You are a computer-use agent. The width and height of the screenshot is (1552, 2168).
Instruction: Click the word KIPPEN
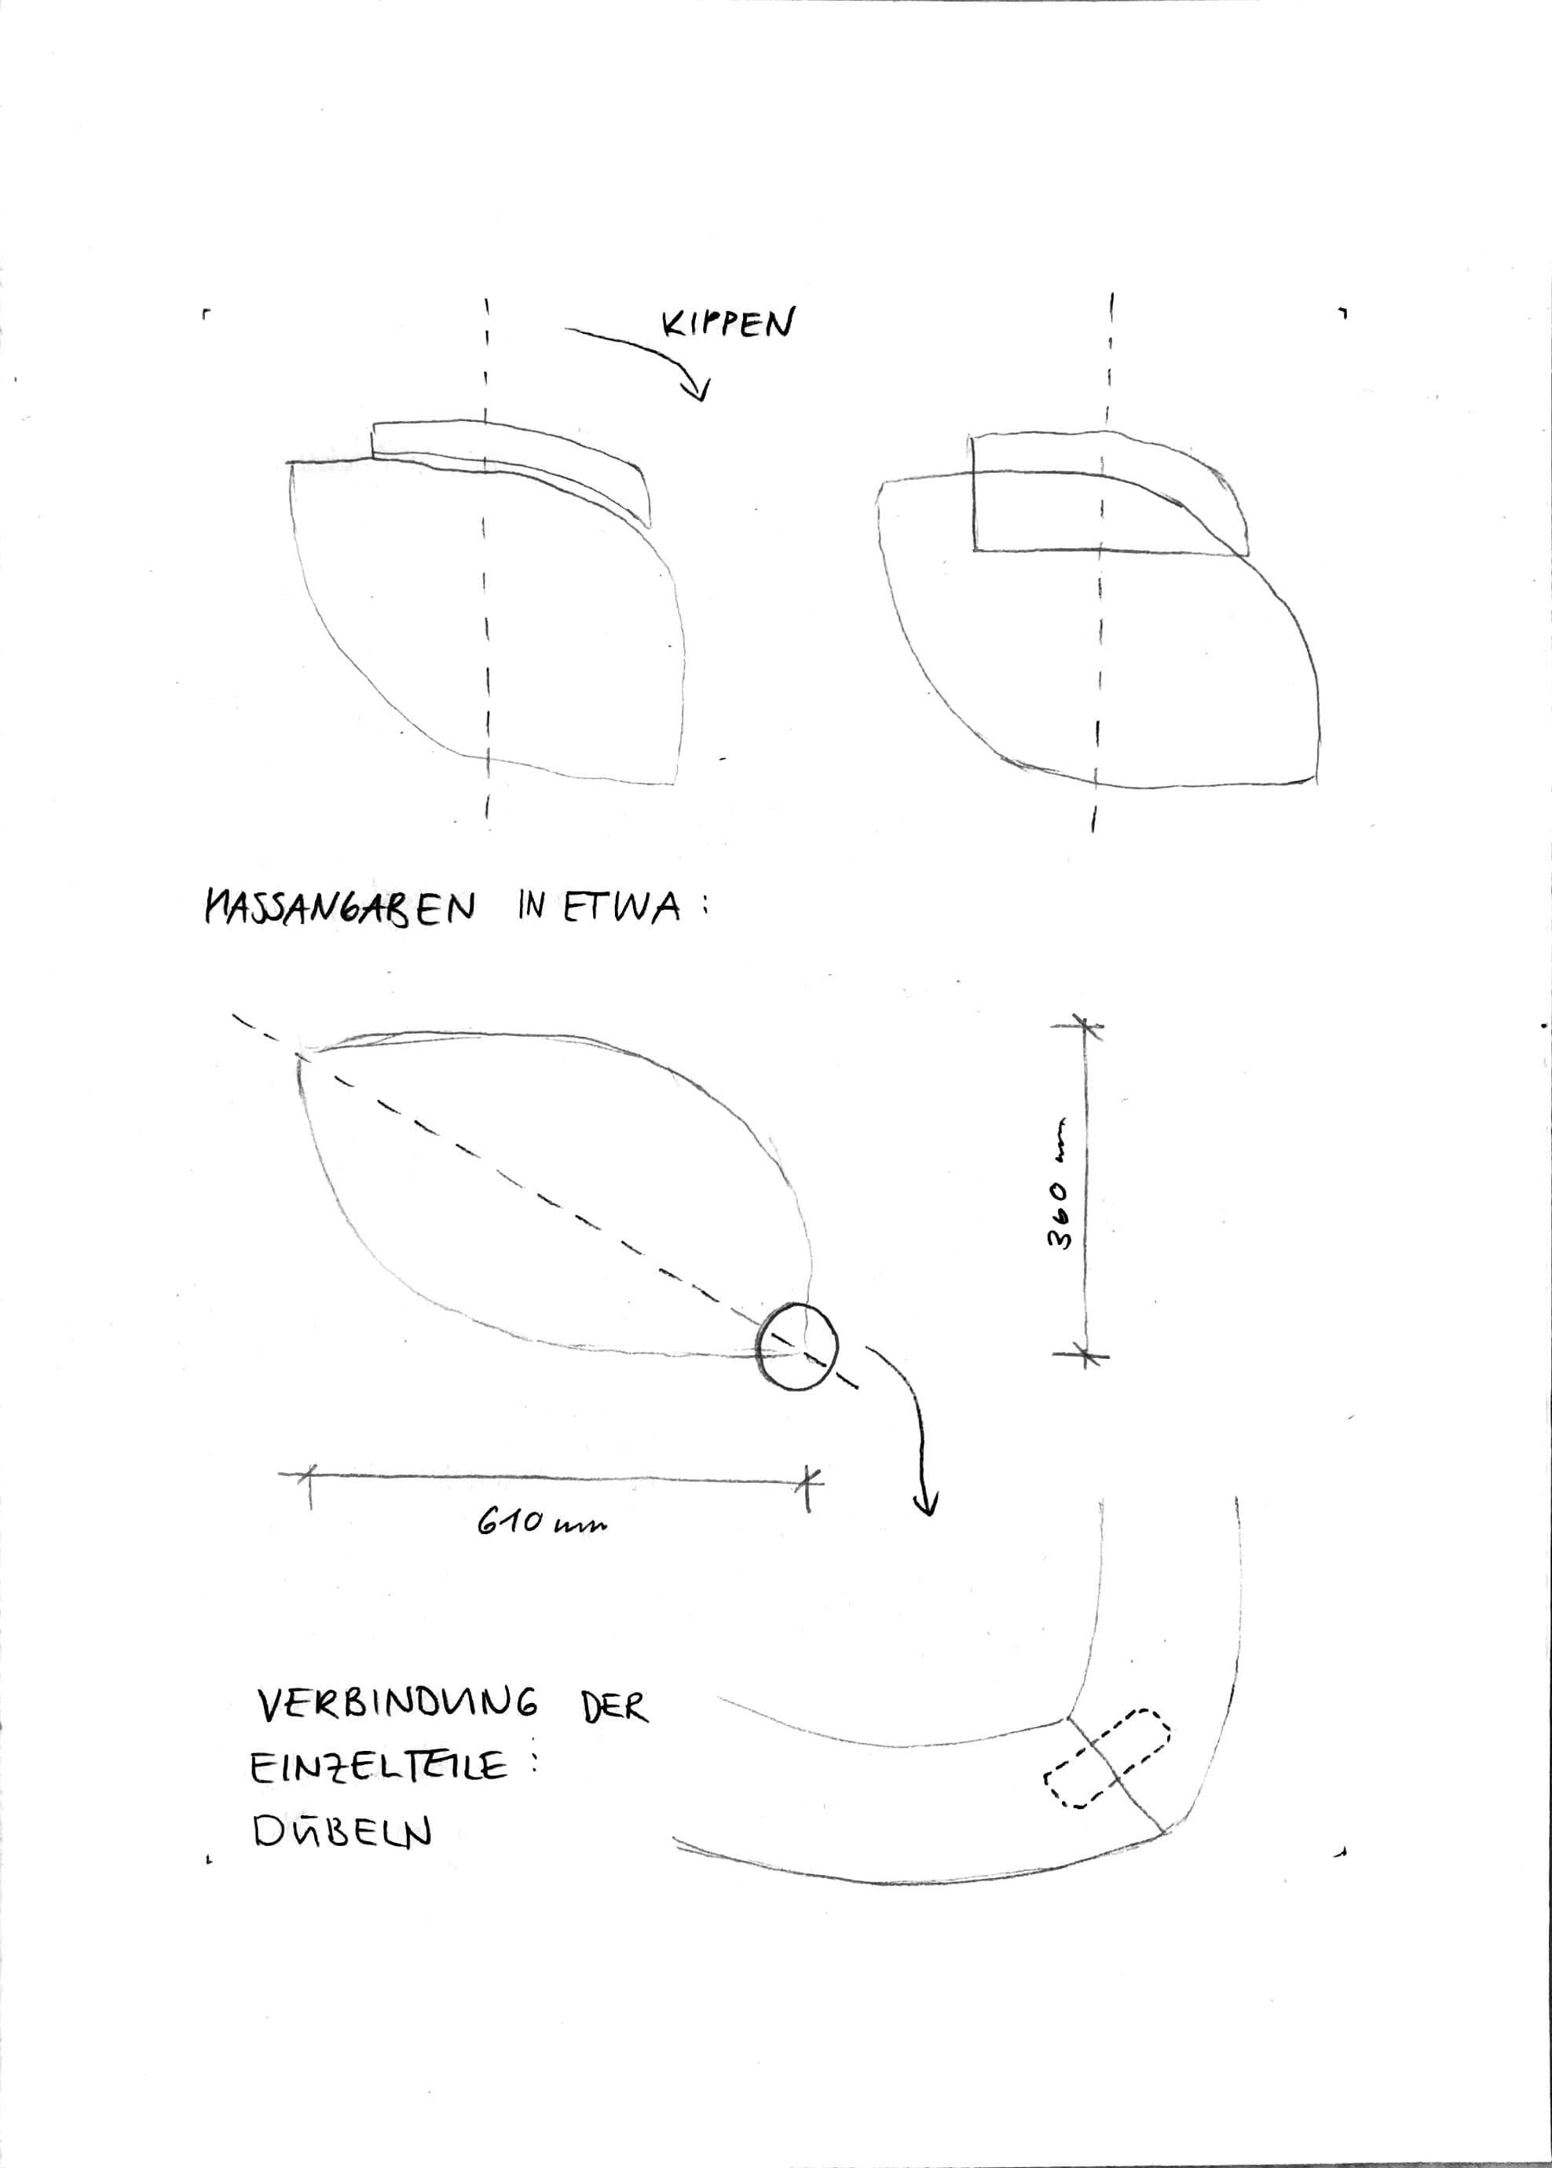click(x=728, y=324)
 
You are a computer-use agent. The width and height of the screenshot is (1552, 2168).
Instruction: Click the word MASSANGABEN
click(x=339, y=906)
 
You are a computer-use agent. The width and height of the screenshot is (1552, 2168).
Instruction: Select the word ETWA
click(x=621, y=905)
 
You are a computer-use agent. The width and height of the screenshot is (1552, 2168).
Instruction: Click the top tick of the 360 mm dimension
click(x=1084, y=1026)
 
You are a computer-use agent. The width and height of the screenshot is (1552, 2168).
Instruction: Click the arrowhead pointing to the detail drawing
click(x=925, y=1507)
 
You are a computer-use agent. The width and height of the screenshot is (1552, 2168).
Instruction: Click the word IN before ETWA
click(x=532, y=905)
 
